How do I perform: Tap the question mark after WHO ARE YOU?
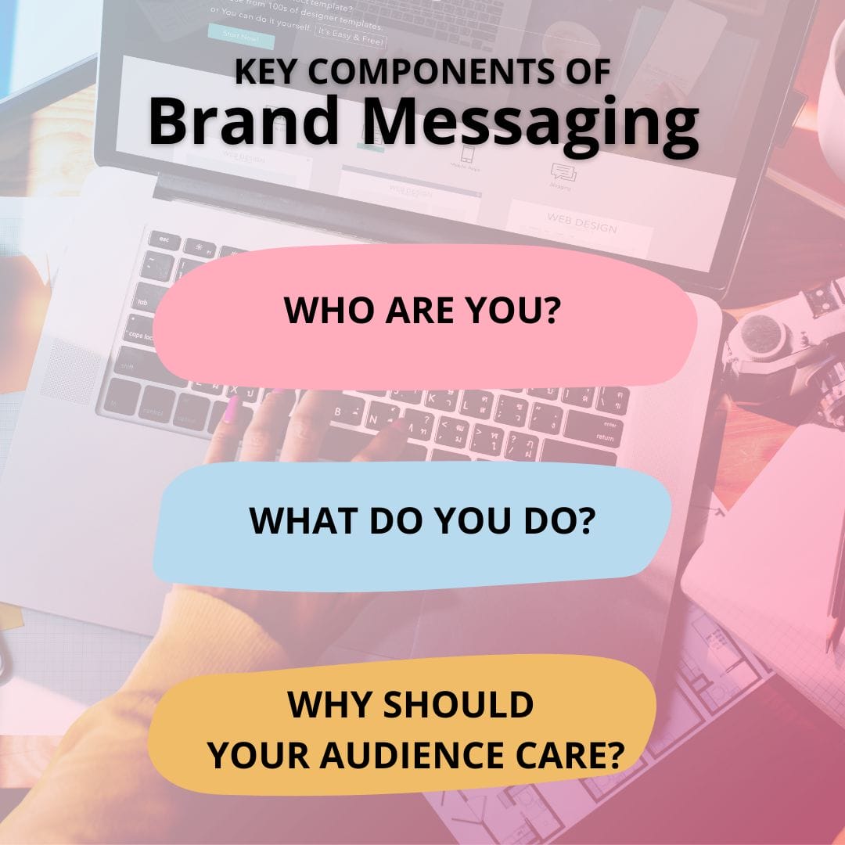tap(554, 311)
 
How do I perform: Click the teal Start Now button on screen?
tap(240, 35)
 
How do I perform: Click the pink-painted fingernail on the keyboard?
tap(232, 409)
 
